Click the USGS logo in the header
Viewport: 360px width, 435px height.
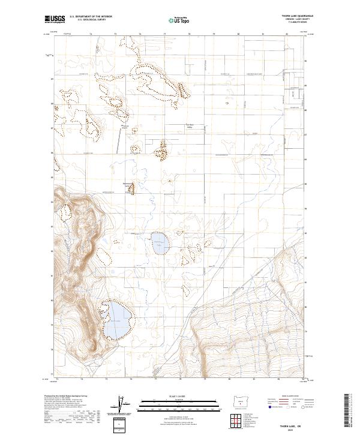pos(55,20)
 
